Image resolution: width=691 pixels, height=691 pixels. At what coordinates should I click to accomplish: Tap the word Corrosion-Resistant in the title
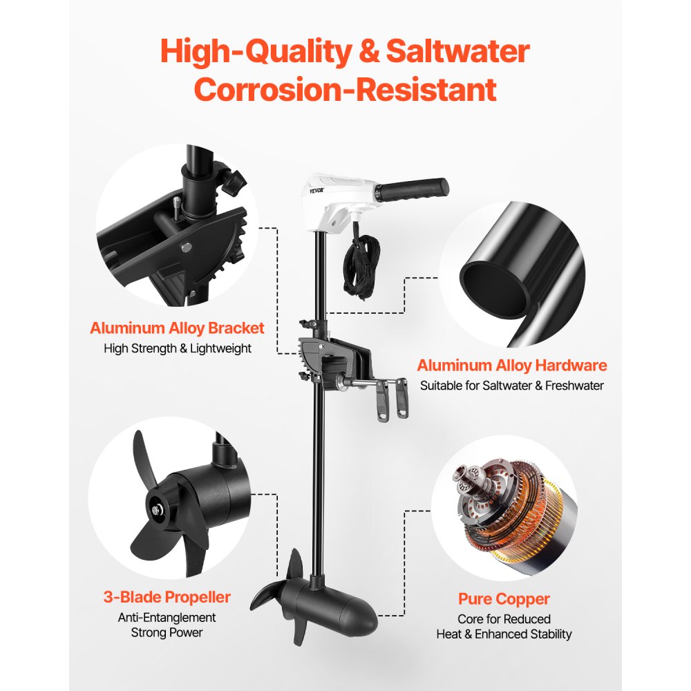click(345, 90)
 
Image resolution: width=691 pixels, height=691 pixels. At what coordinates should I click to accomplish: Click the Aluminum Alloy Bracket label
click(177, 328)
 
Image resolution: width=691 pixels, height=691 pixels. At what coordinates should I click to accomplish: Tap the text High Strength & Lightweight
click(177, 348)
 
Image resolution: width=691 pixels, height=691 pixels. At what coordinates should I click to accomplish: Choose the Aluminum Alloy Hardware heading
click(511, 365)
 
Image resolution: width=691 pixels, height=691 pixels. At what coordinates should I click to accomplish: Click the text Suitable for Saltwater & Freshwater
click(511, 386)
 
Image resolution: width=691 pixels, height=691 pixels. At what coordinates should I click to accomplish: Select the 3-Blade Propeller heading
click(167, 596)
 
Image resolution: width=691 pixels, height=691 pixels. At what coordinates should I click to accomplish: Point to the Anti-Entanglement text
click(167, 617)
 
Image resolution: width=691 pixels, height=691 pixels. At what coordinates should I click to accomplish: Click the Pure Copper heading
click(504, 598)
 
